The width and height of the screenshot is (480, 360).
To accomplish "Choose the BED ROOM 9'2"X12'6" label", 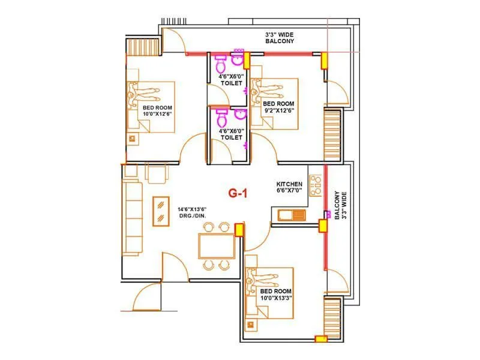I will click(279, 106).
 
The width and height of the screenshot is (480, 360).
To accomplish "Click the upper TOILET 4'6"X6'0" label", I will click(231, 80).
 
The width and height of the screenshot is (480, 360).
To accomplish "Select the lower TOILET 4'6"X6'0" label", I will click(231, 134).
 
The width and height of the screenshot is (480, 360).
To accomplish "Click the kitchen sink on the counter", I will click(292, 214).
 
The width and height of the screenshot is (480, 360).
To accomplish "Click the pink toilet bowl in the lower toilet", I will click(220, 116).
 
